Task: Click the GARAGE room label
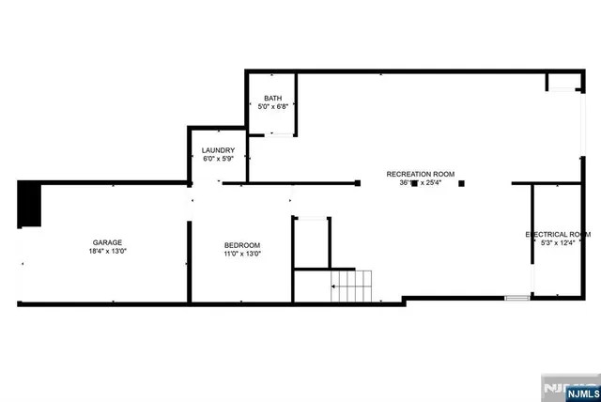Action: coord(106,242)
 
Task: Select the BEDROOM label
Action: coord(241,244)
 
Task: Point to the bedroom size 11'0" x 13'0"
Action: coord(241,254)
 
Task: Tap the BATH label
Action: coord(272,98)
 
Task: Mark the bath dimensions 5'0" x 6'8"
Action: coord(272,107)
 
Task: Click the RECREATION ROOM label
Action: coord(420,174)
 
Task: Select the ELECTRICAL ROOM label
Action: coord(558,234)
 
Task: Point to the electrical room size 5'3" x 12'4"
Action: coord(558,243)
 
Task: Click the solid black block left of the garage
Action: coord(30,204)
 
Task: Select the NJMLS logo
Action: coord(567,387)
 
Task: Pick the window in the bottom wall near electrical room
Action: coord(516,299)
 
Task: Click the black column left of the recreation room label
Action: coord(357,183)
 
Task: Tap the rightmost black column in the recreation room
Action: coord(462,183)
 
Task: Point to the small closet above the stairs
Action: coord(309,242)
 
